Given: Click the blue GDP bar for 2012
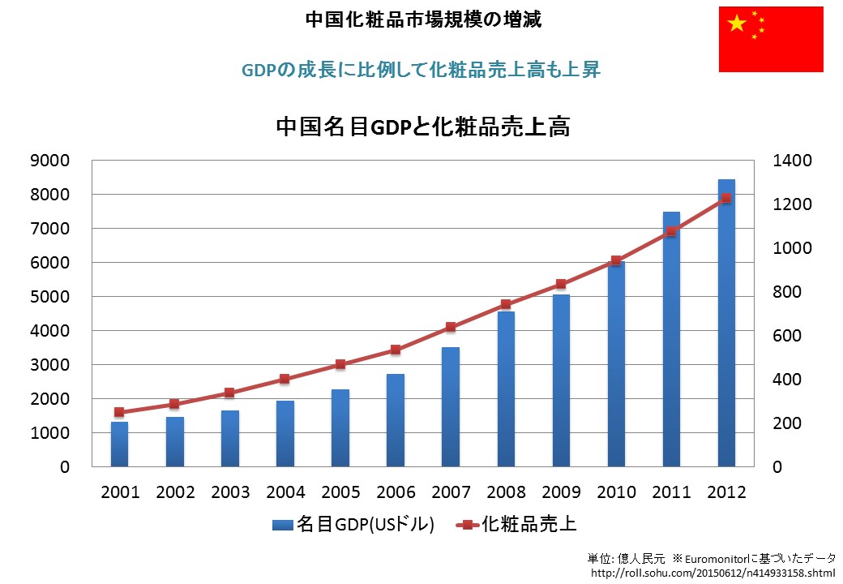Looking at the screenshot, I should pyautogui.click(x=726, y=324).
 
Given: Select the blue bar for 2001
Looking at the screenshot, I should pyautogui.click(x=120, y=444).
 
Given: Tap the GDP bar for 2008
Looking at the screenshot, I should pyautogui.click(x=506, y=389).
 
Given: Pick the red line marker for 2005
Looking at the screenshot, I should pyautogui.click(x=340, y=364).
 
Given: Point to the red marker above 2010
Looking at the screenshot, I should pyautogui.click(x=616, y=260).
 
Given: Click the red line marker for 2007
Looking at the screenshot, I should pyautogui.click(x=451, y=327).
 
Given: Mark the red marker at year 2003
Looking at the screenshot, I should pyautogui.click(x=229, y=393).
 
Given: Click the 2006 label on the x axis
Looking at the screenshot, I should pyautogui.click(x=396, y=492).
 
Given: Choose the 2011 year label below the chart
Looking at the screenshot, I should pyautogui.click(x=671, y=492).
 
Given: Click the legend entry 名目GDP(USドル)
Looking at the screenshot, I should pyautogui.click(x=353, y=525).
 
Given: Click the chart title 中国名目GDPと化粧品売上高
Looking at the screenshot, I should pyautogui.click(x=422, y=127).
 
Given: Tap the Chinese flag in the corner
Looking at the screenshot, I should pyautogui.click(x=771, y=37).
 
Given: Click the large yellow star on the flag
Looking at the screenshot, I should pyautogui.click(x=737, y=24).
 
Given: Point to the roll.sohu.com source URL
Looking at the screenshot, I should pyautogui.click(x=712, y=573).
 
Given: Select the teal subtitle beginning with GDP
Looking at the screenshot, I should pyautogui.click(x=421, y=70).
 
